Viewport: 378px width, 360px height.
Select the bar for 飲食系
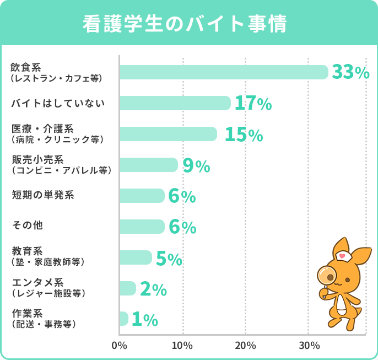tap(223, 72)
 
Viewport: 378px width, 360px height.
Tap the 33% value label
tap(350, 72)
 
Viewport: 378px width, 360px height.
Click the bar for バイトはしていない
tap(175, 103)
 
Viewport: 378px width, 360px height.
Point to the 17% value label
tap(253, 103)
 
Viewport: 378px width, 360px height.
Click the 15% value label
tap(243, 134)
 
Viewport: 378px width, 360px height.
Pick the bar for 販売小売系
tap(148, 165)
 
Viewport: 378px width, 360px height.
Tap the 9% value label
tap(196, 165)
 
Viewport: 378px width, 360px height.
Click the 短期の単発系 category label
tap(42, 195)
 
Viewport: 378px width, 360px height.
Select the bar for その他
tap(142, 227)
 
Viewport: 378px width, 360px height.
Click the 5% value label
tap(169, 258)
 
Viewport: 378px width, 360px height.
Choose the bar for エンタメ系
tap(127, 288)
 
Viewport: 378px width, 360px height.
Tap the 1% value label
tap(145, 319)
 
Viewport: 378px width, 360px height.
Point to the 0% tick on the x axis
tap(119, 346)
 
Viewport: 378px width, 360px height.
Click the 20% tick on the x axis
tap(245, 346)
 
